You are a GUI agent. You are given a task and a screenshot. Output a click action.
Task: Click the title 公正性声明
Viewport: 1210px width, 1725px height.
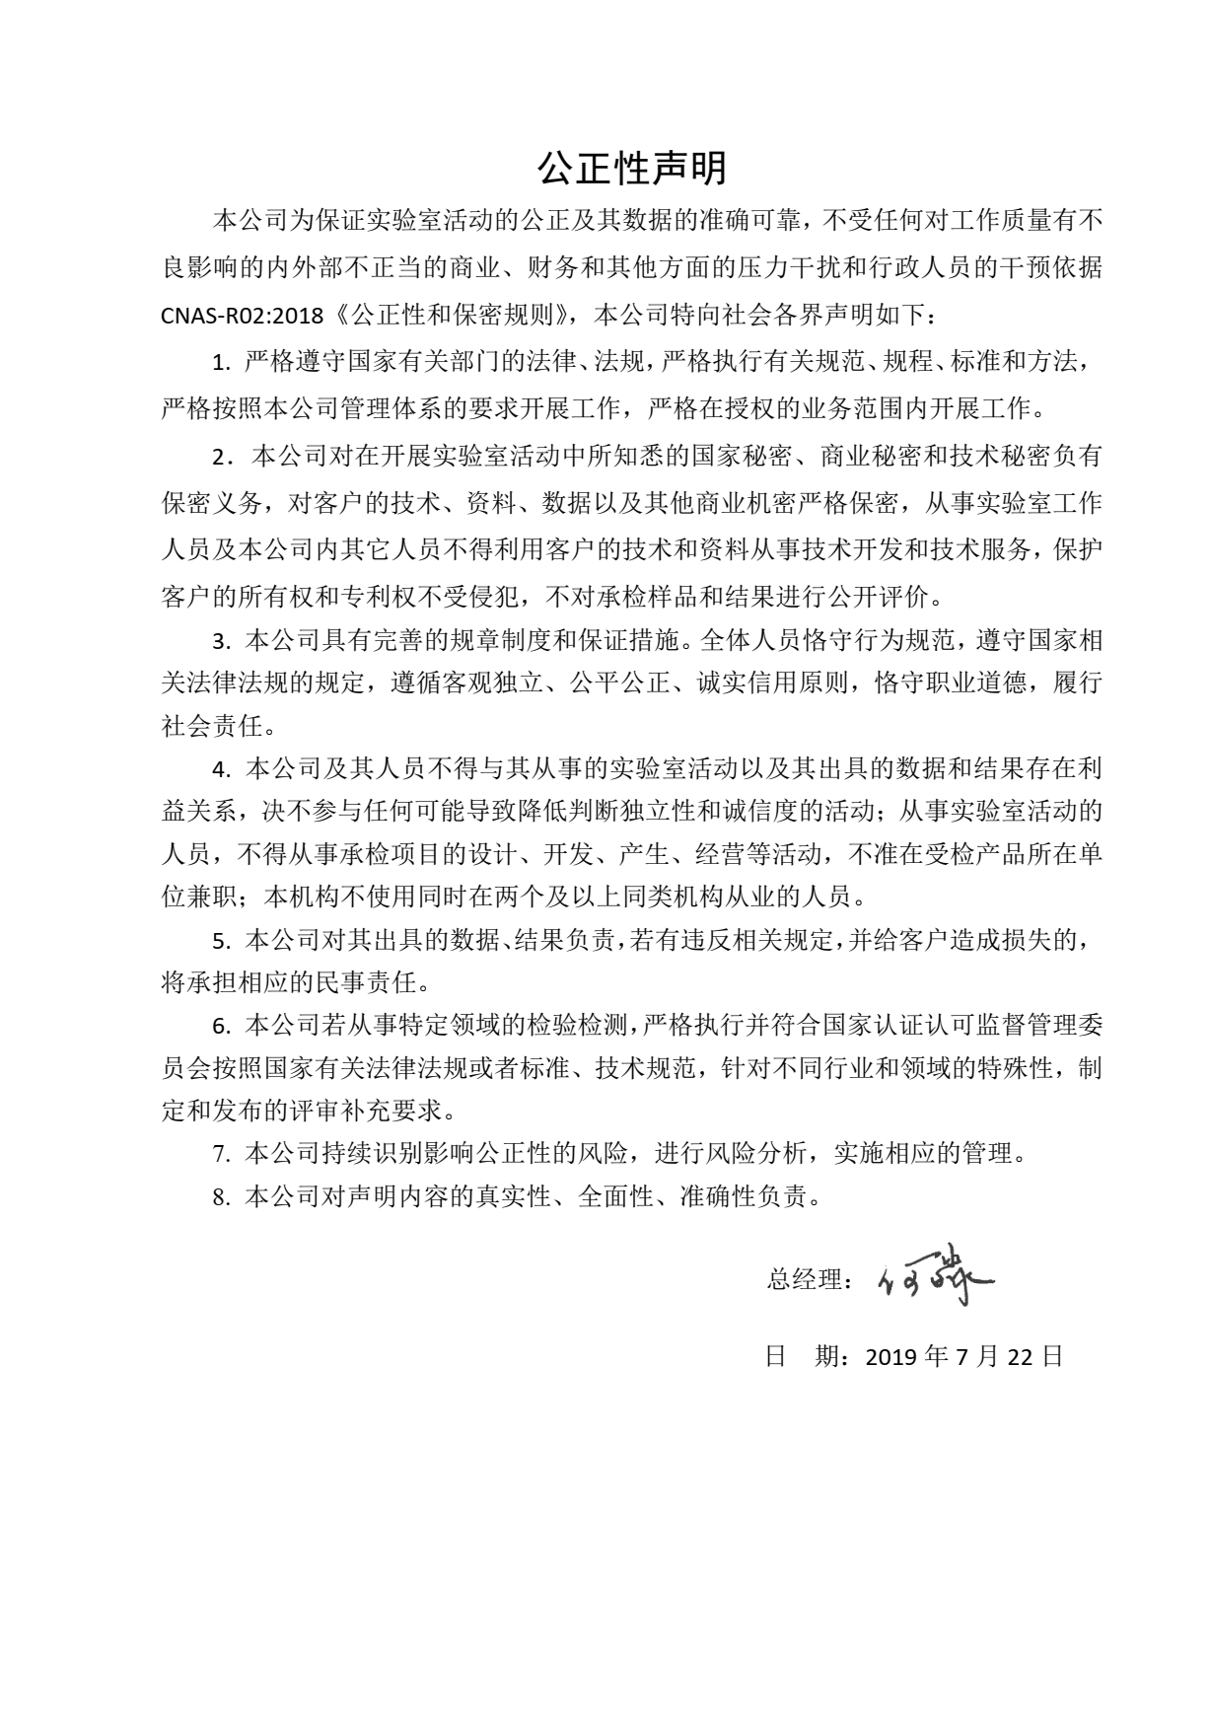pyautogui.click(x=631, y=169)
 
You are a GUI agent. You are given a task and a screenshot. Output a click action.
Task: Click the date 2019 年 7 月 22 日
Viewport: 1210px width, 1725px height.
pyautogui.click(x=964, y=1356)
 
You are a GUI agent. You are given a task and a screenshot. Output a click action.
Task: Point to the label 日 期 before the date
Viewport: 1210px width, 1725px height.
pyautogui.click(x=802, y=1356)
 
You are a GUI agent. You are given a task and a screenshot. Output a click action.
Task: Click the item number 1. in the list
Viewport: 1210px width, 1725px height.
pyautogui.click(x=222, y=362)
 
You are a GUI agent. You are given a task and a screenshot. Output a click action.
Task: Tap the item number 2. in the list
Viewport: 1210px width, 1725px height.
pyautogui.click(x=222, y=458)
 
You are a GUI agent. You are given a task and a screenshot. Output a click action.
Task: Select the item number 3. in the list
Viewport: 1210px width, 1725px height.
pyautogui.click(x=222, y=642)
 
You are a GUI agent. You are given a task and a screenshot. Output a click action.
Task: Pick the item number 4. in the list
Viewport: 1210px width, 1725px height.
pyautogui.click(x=222, y=768)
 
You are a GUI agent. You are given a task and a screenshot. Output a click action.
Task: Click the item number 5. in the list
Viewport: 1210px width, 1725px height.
pyautogui.click(x=222, y=941)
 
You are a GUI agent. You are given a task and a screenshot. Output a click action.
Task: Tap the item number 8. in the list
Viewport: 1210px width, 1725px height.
pyautogui.click(x=222, y=1197)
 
